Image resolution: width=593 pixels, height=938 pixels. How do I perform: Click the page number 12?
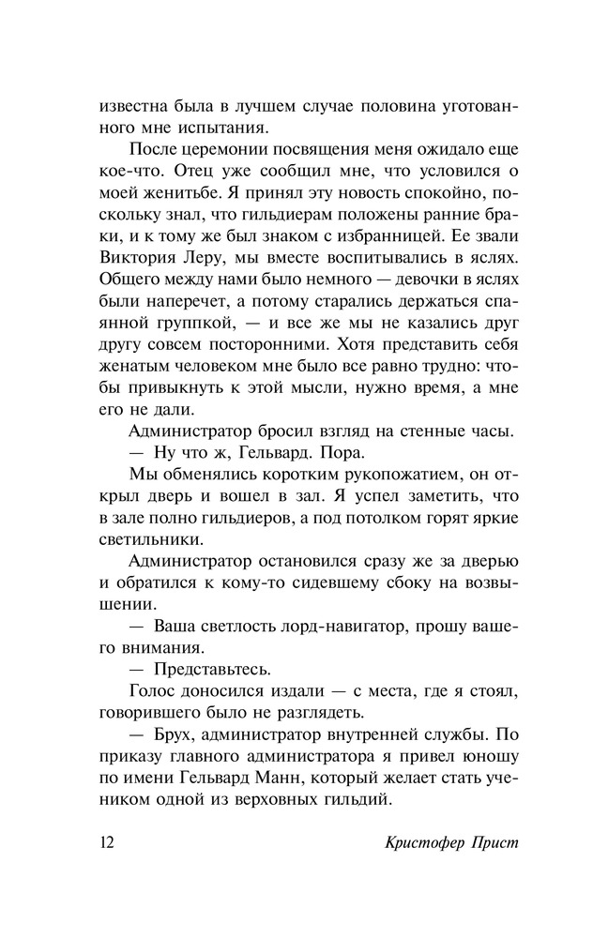point(107,840)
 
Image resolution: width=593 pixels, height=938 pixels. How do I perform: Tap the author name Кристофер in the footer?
point(404,840)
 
